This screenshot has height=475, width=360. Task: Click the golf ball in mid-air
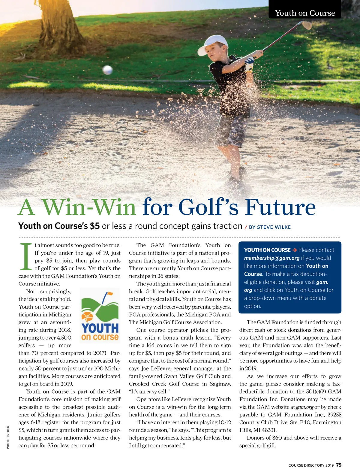point(107,70)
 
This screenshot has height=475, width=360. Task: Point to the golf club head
point(307,25)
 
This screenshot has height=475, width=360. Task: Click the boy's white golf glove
point(249,64)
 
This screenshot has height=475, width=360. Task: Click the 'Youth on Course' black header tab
point(305,13)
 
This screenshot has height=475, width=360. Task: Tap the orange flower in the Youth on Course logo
point(87,317)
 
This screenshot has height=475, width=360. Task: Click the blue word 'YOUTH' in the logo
point(100,328)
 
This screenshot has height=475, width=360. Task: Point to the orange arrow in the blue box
point(295,250)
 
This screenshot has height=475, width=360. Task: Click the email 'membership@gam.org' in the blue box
point(271,258)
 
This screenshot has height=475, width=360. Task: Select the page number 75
point(339,465)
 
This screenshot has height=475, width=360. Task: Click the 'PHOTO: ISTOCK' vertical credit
point(8,437)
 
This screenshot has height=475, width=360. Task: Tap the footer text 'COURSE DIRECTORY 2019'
point(311,465)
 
